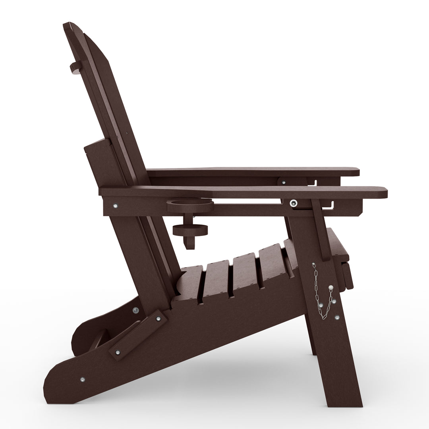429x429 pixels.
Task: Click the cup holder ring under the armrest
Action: tap(190, 206)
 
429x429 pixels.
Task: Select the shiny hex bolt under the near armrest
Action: tap(293, 203)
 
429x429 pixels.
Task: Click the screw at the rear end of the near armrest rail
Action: tap(115, 206)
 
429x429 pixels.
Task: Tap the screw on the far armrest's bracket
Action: tap(283, 182)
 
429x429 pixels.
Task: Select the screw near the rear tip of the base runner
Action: tap(83, 379)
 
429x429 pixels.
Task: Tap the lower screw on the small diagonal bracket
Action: tap(118, 352)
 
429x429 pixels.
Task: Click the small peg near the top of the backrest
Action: tap(75, 68)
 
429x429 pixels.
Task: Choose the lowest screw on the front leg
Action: tap(337, 318)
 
